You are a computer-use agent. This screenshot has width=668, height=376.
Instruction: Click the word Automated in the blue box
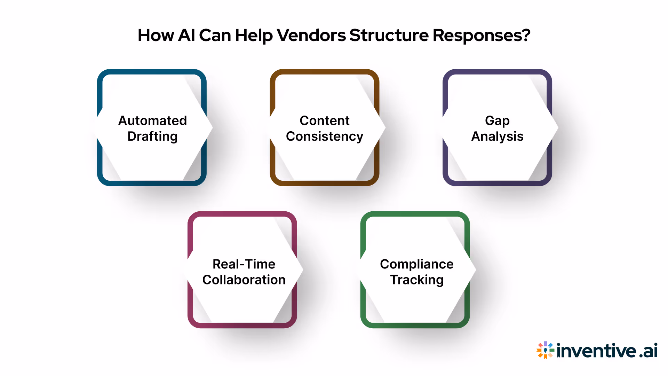coord(152,120)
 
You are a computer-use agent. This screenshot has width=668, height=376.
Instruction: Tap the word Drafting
coord(152,136)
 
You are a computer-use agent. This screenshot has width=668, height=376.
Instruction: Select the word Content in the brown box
coord(324,120)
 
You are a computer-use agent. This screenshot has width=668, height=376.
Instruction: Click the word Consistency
coord(324,136)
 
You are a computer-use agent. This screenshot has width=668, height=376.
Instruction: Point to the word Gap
coord(497,121)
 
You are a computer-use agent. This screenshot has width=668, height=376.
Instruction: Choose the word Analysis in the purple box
coord(497,136)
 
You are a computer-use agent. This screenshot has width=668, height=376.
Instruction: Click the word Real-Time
coord(244,264)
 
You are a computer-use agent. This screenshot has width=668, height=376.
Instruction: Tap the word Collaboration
coord(244,280)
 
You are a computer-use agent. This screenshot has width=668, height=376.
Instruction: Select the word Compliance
coord(416,264)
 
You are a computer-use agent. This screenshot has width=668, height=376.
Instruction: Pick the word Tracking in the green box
coord(416,280)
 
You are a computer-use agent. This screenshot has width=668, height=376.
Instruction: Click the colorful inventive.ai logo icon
coord(545,350)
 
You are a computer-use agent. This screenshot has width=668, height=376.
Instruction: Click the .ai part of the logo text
coord(648,351)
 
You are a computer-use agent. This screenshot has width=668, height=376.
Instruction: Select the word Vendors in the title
coord(311,35)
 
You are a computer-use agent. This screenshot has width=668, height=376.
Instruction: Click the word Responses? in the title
coord(482,36)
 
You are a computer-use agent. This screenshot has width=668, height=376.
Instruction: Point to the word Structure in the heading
coord(389,35)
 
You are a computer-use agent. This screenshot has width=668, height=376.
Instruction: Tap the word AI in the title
coord(186,35)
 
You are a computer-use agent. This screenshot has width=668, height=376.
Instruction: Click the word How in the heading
coord(156,35)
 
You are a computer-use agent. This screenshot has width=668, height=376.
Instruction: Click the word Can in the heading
coord(215,35)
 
